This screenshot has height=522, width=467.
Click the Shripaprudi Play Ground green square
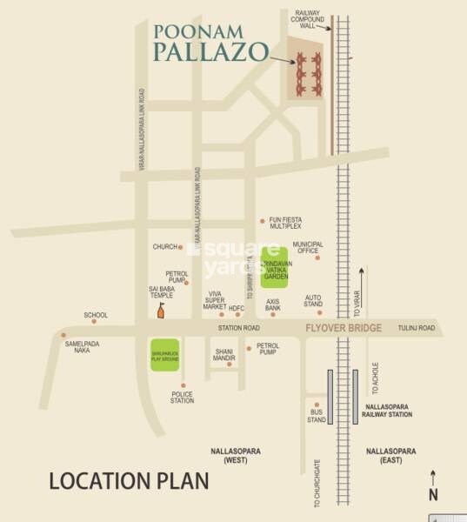coord(164,354)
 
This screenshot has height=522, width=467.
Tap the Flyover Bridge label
coord(344,328)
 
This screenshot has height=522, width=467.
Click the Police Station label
coord(182,398)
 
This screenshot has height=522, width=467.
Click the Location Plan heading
coord(129,480)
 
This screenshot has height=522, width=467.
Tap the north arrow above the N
coord(433,477)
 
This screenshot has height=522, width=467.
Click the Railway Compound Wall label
coord(308,19)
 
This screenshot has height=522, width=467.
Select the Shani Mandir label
coord(224,355)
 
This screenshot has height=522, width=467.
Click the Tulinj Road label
coord(416,328)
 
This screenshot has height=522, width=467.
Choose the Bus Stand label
coord(317,417)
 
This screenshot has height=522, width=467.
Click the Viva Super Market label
coord(215,300)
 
